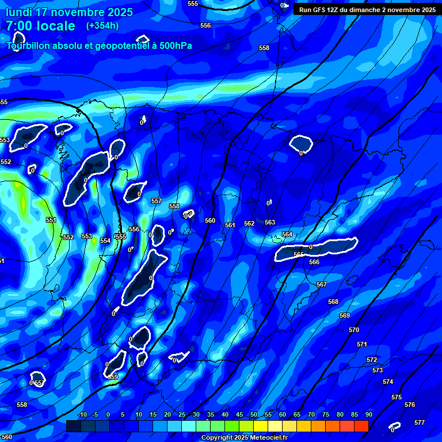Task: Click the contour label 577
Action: pos(420,422)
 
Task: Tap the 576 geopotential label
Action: pos(410,405)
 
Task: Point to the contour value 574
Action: pos(388,382)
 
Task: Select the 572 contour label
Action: pos(372,360)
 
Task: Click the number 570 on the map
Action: pos(354,330)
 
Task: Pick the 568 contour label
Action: pos(333,302)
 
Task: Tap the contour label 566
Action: pos(314,262)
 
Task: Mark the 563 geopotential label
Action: pos(270,222)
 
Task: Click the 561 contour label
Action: pos(230,225)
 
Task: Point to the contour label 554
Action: pos(105,241)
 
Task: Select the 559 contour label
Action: pos(113,377)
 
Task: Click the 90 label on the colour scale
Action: pos(369,414)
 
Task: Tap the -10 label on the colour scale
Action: pos(81,414)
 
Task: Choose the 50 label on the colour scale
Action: pos(254,414)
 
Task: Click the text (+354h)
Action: pos(102,25)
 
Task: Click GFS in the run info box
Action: pos(318,9)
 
